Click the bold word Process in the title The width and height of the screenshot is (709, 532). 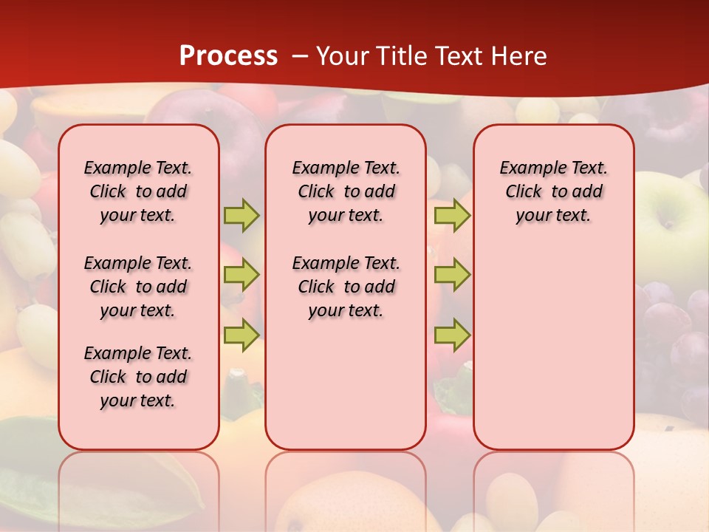[228, 55]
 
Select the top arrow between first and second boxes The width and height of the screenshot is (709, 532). [242, 215]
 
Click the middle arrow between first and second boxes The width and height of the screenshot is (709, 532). [242, 275]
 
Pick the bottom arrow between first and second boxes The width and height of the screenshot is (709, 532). [242, 335]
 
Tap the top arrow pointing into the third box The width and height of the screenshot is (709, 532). [452, 215]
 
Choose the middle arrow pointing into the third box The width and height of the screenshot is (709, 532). [452, 275]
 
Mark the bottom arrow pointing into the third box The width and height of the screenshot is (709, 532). [452, 335]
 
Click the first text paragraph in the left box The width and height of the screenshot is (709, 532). [138, 191]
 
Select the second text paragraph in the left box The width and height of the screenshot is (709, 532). [138, 287]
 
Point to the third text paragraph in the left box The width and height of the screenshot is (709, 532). [138, 377]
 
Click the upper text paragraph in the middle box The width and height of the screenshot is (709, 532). [346, 191]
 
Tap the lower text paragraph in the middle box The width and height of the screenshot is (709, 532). [346, 287]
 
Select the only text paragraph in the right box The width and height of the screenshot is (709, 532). [553, 191]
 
